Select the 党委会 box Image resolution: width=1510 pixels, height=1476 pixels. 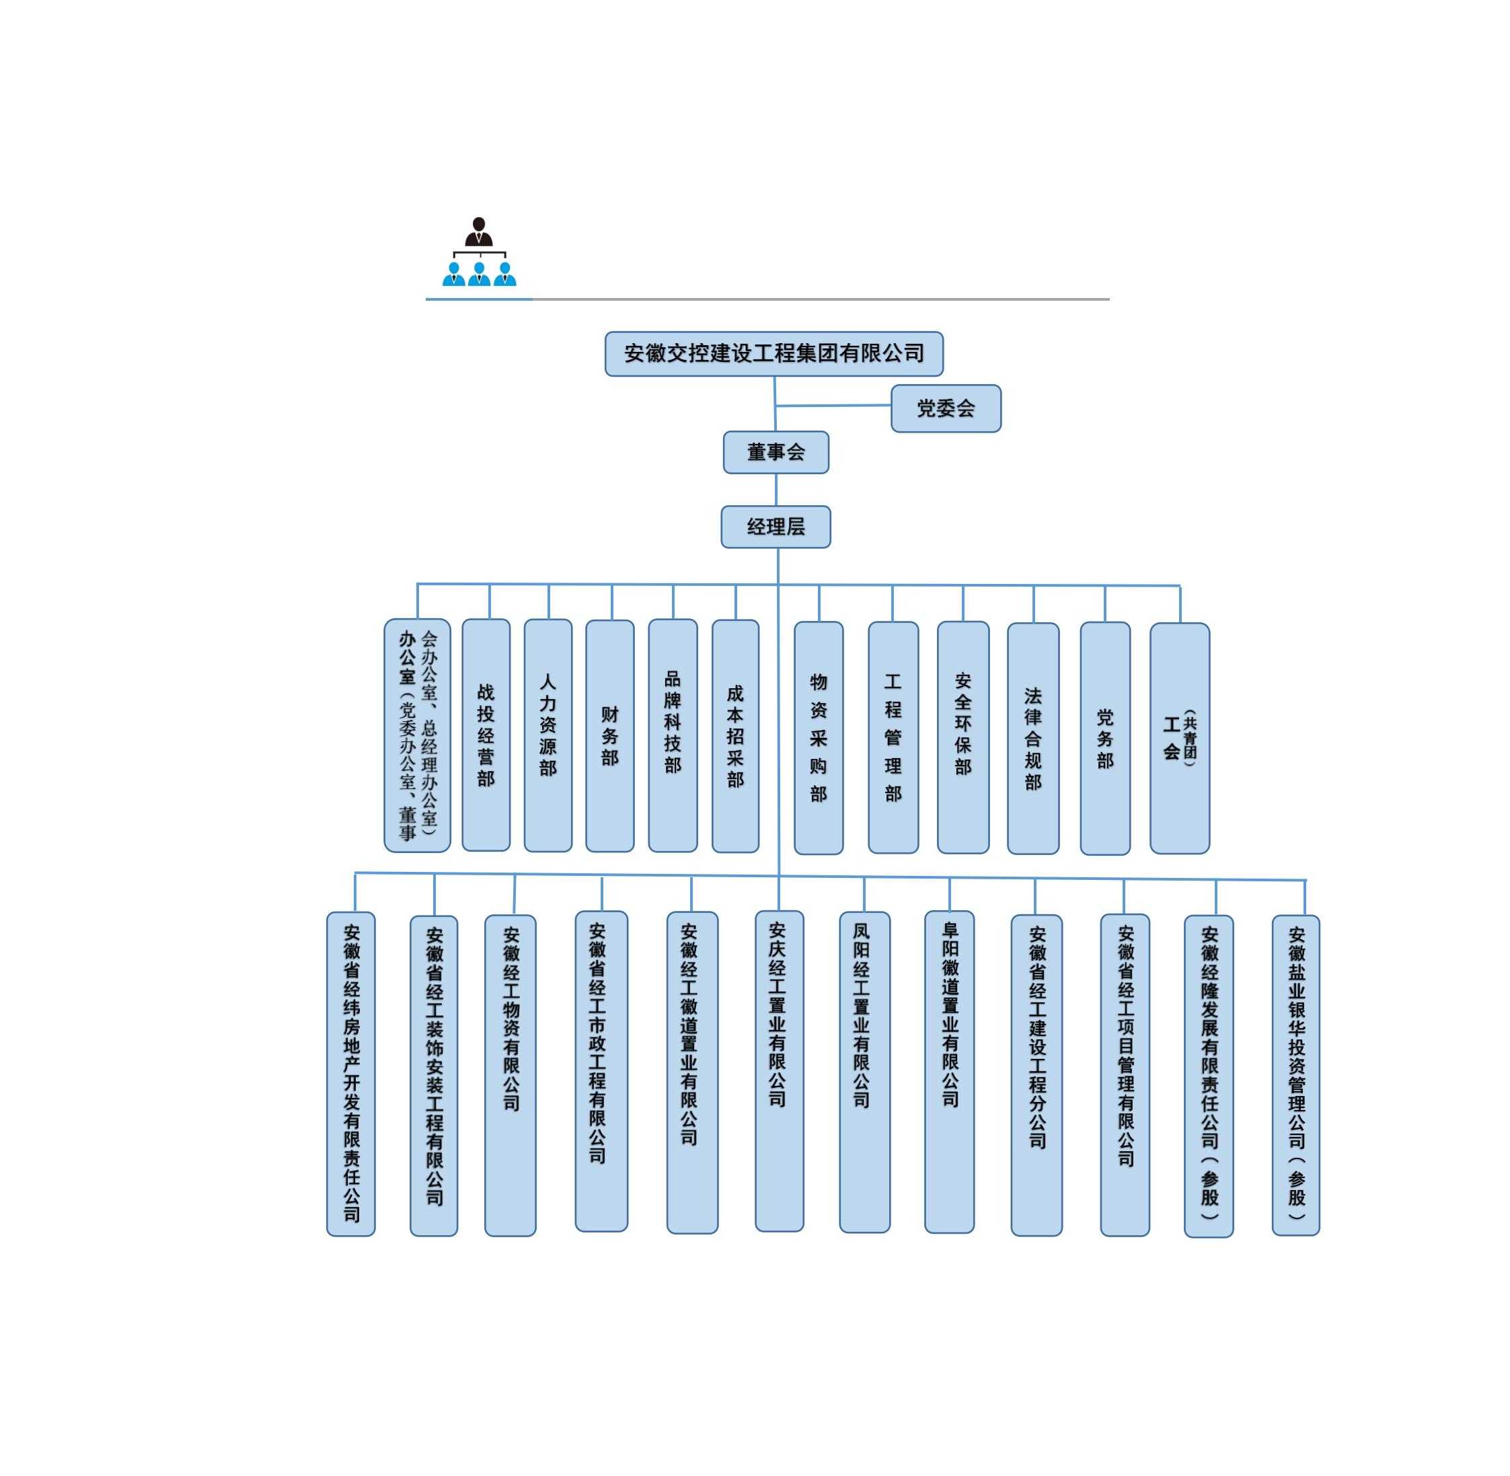click(x=946, y=408)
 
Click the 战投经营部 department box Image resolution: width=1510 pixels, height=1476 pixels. click(x=486, y=735)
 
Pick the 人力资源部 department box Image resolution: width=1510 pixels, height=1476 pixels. click(x=548, y=735)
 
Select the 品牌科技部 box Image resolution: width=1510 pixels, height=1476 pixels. click(x=673, y=735)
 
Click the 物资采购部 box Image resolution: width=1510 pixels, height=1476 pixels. click(x=819, y=738)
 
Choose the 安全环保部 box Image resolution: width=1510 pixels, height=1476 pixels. click(x=962, y=737)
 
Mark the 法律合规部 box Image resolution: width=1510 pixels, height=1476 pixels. click(x=1033, y=738)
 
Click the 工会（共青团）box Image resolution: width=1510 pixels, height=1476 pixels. click(x=1180, y=738)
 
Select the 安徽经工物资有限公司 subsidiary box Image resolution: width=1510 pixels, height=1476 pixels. click(x=510, y=1075)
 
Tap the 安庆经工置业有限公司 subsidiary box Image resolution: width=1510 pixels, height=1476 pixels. click(x=779, y=1071)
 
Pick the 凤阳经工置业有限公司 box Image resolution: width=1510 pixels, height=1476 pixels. click(x=864, y=1072)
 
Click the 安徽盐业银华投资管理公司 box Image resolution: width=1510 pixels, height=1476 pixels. click(x=1296, y=1075)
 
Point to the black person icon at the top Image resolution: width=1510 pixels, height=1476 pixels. click(x=479, y=232)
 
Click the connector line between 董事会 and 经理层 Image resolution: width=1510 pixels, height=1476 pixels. click(x=776, y=490)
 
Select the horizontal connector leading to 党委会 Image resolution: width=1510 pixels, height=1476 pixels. click(x=833, y=406)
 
